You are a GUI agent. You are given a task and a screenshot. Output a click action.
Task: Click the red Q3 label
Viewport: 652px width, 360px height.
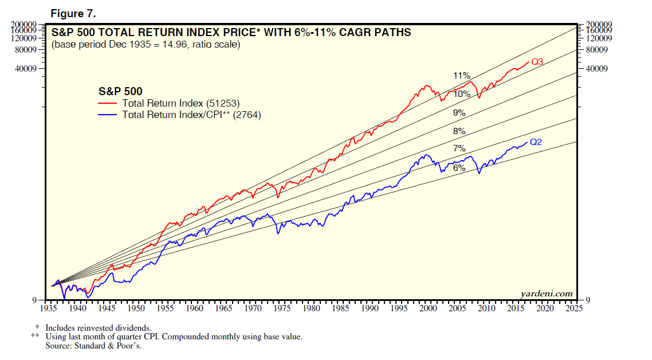pos(537,61)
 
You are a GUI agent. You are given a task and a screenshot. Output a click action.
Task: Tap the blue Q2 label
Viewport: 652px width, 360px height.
pos(536,142)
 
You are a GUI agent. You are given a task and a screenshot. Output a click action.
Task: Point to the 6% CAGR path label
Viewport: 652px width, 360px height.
pos(459,168)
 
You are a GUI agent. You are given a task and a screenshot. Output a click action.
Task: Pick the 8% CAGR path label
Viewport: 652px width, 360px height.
pos(459,131)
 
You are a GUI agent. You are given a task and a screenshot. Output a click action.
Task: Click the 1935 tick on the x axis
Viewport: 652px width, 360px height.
pos(49,308)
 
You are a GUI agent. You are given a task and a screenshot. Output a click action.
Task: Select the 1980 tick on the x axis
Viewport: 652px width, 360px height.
pos(312,308)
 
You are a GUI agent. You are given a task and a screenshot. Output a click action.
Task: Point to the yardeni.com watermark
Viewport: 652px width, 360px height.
pos(547,294)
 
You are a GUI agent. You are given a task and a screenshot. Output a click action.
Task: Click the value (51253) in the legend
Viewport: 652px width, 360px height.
pos(222,104)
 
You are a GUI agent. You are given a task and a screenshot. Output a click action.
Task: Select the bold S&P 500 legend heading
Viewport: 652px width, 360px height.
pos(120,91)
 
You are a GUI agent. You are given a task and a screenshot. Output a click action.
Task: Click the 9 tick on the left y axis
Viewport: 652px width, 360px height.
pos(34,300)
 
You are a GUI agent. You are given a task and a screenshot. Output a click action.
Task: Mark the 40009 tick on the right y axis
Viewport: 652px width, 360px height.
pos(598,69)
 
